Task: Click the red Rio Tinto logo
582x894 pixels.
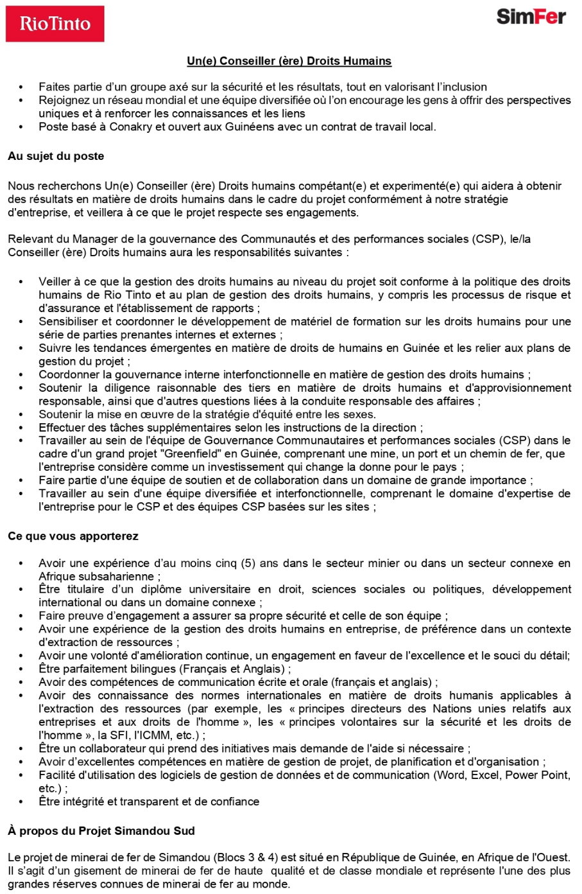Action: click(x=55, y=24)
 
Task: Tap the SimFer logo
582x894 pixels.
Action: click(x=531, y=17)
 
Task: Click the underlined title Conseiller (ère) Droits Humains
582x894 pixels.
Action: click(x=289, y=61)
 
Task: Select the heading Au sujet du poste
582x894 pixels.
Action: click(x=56, y=156)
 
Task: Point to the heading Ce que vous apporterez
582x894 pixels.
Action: click(x=73, y=536)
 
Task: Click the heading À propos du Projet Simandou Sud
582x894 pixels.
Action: click(x=101, y=830)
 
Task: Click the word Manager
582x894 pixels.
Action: click(x=93, y=239)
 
